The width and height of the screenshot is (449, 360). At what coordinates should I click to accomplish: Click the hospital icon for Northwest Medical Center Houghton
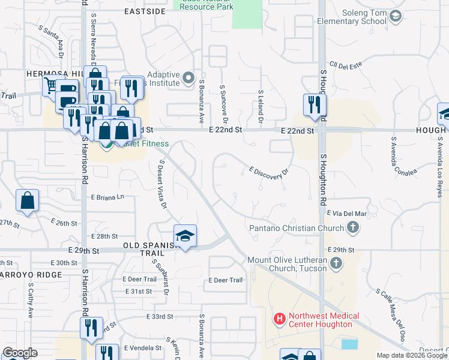point(279,320)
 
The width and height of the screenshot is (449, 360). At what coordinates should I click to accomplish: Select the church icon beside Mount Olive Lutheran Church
point(336,263)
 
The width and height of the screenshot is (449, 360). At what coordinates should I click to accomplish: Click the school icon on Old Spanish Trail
point(185,236)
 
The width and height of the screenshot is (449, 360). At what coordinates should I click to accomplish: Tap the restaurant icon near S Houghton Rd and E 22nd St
point(314,105)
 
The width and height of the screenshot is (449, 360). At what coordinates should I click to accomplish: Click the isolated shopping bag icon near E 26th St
point(28,200)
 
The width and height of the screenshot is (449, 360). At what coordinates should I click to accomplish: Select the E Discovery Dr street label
point(269,172)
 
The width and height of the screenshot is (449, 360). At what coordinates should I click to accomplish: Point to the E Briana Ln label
point(107,196)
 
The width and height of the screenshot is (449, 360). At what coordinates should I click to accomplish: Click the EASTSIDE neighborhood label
point(145,11)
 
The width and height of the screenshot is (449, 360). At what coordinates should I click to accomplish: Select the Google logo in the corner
point(20,353)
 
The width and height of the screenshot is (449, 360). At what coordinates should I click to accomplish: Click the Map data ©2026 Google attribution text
point(412,355)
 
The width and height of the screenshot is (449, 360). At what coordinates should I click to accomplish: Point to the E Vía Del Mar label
point(346,213)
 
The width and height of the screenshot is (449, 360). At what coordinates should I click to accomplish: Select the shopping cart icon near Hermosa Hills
point(51,85)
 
